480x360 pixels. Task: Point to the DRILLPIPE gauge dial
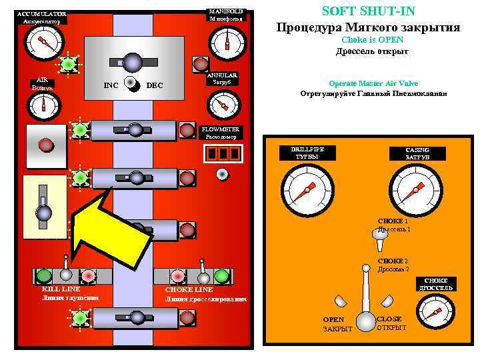click(x=306, y=189)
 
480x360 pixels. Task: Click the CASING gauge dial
click(x=415, y=189)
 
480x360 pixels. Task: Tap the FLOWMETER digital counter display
click(x=223, y=153)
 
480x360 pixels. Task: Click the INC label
click(x=111, y=85)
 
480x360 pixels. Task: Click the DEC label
click(x=154, y=85)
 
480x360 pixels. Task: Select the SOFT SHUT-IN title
click(x=368, y=11)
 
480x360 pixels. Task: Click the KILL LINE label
click(x=61, y=289)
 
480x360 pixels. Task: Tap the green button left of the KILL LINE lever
click(x=45, y=275)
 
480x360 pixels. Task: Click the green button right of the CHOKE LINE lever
click(x=222, y=276)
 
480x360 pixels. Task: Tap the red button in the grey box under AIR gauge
click(x=45, y=144)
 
